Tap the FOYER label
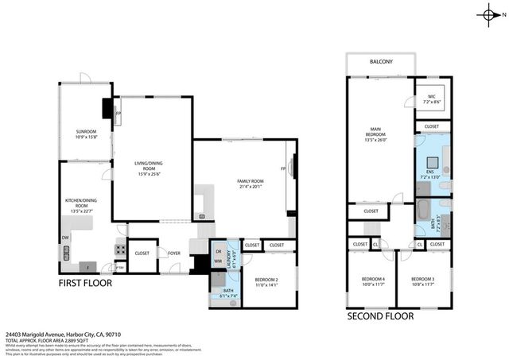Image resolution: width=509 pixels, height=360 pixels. pos(174,254)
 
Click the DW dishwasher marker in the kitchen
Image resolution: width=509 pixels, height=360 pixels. pos(64,237)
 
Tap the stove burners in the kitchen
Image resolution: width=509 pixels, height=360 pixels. pos(120,249)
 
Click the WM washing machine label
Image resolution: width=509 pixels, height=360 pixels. pos(218,261)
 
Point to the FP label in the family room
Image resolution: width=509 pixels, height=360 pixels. pos(284,168)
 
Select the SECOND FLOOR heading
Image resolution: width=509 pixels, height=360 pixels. pos(380,315)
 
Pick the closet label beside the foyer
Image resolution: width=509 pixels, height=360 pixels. pos(142,254)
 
